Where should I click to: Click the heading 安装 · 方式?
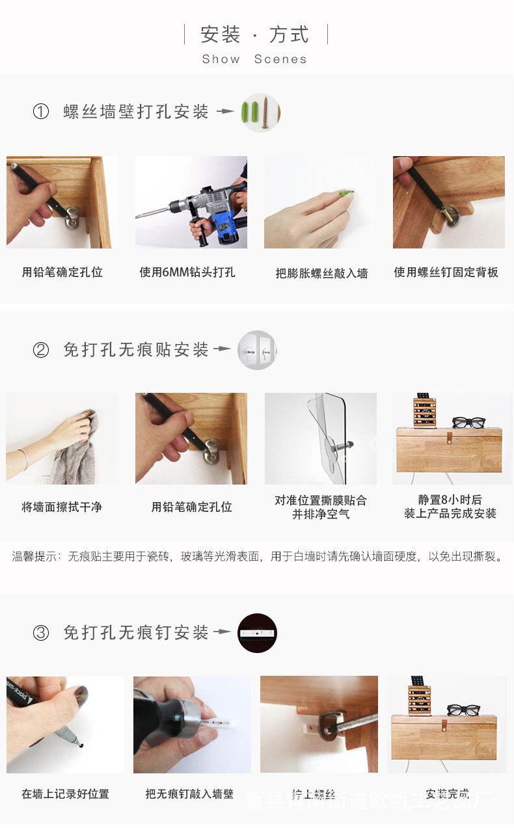click(255, 34)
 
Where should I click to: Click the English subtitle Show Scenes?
click(254, 59)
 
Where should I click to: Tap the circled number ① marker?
click(41, 112)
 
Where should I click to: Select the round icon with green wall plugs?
click(260, 113)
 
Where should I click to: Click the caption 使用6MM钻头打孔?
click(187, 273)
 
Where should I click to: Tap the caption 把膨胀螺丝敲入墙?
click(321, 273)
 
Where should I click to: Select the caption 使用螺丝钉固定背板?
click(446, 273)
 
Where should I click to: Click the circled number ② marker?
click(41, 350)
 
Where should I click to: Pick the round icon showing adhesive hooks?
click(257, 350)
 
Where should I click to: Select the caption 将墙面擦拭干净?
click(62, 507)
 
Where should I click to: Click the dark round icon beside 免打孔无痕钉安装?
click(257, 632)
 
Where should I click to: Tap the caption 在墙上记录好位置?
click(65, 794)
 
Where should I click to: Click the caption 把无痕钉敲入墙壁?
click(189, 794)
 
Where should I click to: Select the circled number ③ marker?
click(41, 632)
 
